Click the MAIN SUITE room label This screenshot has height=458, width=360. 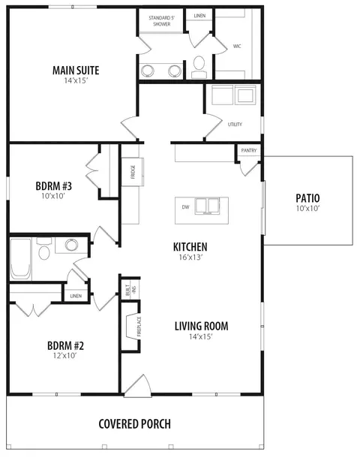(76, 71)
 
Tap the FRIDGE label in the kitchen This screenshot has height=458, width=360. (133, 172)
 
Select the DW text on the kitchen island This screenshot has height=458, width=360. (185, 207)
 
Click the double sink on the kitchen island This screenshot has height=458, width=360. (208, 206)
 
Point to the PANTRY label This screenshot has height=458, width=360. (249, 150)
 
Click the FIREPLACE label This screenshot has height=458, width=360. (139, 327)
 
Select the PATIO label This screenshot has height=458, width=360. (307, 198)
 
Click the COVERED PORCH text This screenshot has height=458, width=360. (135, 424)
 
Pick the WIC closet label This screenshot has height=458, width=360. (237, 46)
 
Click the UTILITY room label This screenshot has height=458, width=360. (235, 125)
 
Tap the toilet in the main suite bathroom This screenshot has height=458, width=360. (199, 67)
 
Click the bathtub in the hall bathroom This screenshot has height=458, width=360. (20, 258)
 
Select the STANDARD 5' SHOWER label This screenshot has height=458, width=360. (161, 21)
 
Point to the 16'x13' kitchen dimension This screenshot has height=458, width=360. (190, 257)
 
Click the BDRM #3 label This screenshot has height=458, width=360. (54, 186)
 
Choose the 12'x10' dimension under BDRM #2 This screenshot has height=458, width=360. (64, 355)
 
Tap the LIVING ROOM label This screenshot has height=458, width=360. (202, 327)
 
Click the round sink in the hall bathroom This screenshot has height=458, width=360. (71, 245)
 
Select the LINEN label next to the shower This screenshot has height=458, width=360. (199, 16)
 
